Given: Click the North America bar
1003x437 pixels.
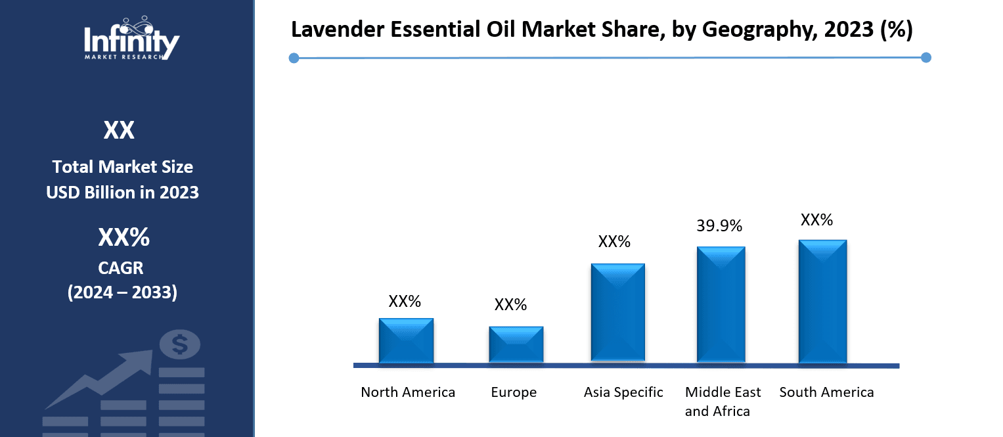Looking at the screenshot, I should [406, 340].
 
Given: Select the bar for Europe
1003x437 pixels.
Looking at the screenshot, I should [516, 344].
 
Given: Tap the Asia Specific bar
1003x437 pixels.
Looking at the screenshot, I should [617, 313].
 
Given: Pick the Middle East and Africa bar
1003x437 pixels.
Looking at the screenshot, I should [721, 304].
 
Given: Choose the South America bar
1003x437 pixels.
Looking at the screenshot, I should [822, 301].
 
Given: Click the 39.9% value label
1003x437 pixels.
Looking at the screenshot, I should [719, 226].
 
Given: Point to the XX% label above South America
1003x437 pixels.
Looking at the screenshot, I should [816, 220].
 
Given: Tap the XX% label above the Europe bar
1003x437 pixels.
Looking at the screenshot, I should [510, 305].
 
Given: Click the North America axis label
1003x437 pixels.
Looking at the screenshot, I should [408, 392].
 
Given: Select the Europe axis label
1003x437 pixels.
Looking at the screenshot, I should [514, 392].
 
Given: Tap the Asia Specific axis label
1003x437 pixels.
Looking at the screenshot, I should [623, 392].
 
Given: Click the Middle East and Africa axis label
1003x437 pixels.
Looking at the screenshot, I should [723, 402].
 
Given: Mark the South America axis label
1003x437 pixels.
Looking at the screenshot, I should [826, 392].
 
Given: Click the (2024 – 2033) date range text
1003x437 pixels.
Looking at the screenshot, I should [122, 292].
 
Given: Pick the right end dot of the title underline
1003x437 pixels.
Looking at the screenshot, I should [926, 58].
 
